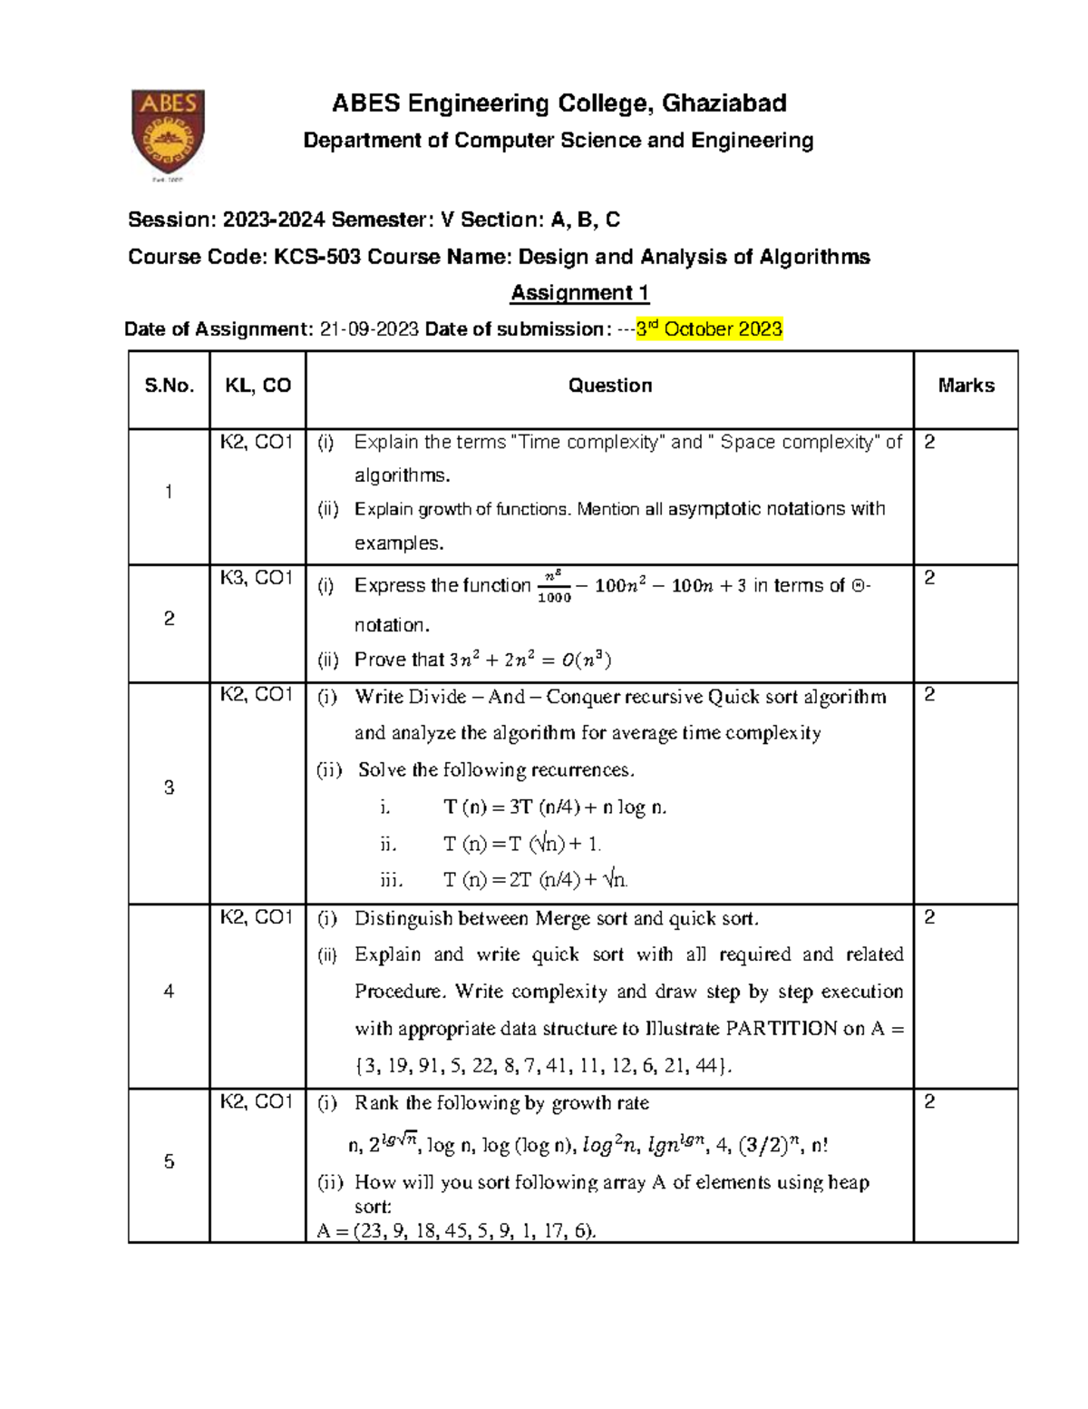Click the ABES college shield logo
[169, 130]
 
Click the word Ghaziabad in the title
[724, 103]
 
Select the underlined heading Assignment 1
[580, 293]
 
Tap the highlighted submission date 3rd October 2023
[709, 329]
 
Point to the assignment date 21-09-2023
[370, 329]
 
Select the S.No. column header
[170, 386]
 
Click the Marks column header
[966, 386]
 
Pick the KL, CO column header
[258, 386]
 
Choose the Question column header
[610, 386]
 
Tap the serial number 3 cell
[170, 788]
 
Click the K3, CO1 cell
[257, 579]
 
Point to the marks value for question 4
[929, 918]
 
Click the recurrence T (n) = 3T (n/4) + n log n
[555, 807]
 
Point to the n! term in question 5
[819, 1146]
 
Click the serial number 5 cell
[170, 1162]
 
